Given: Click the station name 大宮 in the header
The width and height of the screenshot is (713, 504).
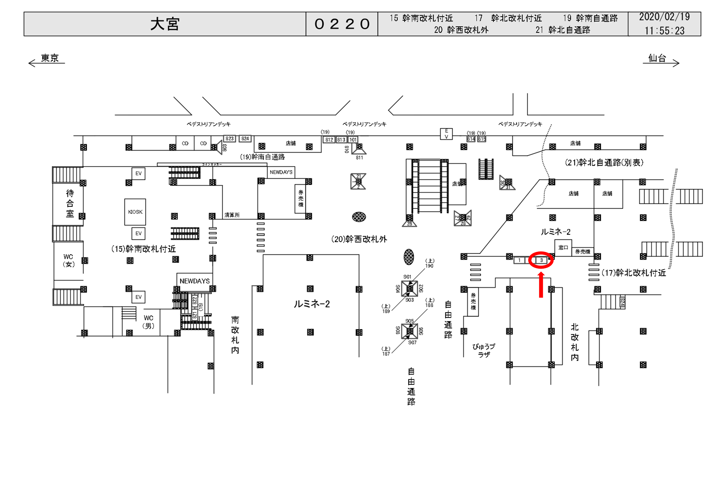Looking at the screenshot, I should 165,24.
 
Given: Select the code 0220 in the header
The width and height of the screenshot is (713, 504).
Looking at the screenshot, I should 342,24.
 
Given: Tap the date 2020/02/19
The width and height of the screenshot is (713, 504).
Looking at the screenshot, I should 664,17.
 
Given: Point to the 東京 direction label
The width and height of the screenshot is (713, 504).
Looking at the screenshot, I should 50,58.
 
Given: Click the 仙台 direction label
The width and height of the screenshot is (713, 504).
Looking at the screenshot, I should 657,58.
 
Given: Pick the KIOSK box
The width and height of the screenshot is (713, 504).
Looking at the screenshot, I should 135,212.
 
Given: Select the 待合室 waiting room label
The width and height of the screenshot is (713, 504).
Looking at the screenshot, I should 70,203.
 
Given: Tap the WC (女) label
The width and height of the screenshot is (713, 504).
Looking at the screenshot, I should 68,260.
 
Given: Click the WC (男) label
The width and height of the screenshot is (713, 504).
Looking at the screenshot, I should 148,322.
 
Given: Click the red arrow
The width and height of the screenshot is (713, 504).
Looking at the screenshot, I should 541,285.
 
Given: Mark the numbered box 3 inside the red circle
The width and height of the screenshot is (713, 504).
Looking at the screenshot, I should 541,260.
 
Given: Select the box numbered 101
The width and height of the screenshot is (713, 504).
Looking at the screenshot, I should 353,140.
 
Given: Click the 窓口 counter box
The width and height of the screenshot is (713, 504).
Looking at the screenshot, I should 563,248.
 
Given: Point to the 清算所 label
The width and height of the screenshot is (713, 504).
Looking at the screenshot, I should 232,215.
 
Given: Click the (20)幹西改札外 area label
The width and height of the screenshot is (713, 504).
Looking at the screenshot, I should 359,239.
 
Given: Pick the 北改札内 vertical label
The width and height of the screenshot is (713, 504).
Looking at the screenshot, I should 575,342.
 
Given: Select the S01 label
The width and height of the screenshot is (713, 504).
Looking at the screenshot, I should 407,277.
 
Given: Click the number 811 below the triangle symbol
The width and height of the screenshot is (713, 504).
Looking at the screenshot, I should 359,158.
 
